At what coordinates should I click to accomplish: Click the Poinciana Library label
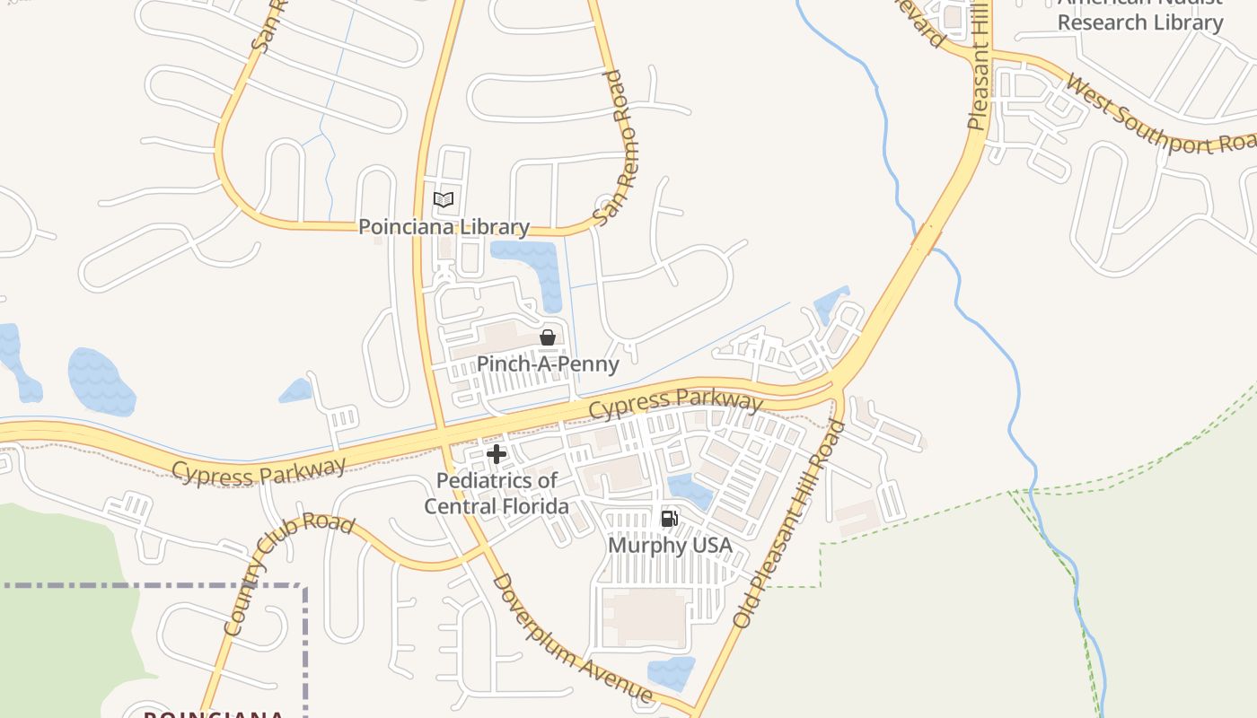[x=444, y=227]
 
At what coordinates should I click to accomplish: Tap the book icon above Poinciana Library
[x=444, y=199]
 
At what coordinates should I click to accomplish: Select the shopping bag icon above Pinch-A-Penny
[x=548, y=337]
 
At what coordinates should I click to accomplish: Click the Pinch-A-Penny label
[x=548, y=363]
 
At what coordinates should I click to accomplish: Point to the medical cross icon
[x=497, y=454]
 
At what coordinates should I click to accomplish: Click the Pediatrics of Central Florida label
[x=497, y=494]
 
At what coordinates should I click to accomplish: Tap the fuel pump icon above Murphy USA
[x=670, y=519]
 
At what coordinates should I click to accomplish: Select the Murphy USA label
[x=670, y=546]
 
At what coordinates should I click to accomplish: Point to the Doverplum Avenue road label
[x=571, y=638]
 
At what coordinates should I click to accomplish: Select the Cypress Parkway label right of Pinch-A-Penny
[x=675, y=404]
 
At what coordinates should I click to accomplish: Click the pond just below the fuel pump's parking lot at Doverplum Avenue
[x=671, y=673]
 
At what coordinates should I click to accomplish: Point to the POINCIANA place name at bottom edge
[x=214, y=714]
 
